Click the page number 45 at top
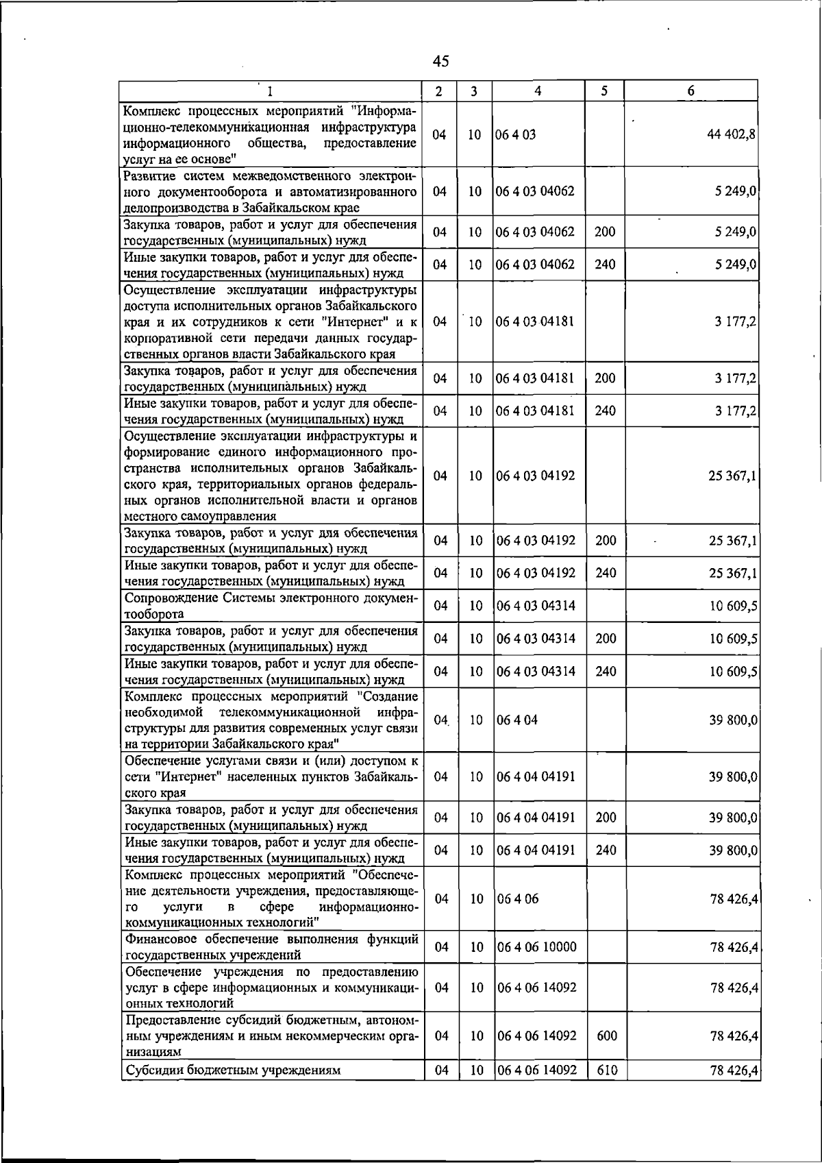[441, 62]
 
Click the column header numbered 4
[538, 90]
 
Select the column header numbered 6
[691, 90]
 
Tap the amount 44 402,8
[732, 135]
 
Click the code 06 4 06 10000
[536, 947]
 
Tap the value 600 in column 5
[606, 1036]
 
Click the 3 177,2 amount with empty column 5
[736, 321]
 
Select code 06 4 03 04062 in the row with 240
[536, 265]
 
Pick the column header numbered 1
[270, 90]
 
